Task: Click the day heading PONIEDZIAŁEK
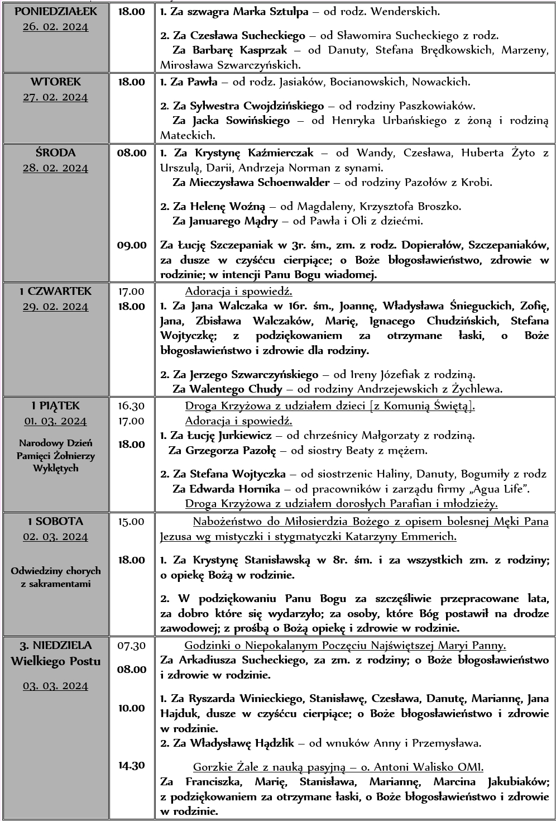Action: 55,11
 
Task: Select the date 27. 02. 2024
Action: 55,97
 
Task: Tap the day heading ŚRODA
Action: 55,152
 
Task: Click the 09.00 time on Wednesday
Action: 132,245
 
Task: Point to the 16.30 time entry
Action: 131,406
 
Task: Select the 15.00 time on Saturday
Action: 131,521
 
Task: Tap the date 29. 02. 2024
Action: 55,307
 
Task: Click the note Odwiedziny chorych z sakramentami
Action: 55,577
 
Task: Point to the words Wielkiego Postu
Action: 55,661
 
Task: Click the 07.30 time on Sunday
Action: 131,646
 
